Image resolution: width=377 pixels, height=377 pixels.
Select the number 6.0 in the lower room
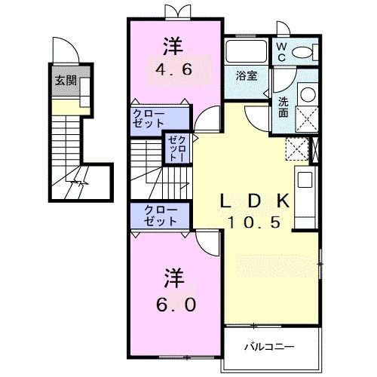coord(173,305)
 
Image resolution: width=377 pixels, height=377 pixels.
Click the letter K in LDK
coord(284,201)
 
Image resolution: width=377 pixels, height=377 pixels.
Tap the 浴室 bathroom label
coord(246,75)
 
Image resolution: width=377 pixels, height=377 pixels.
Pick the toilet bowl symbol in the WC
coord(302,52)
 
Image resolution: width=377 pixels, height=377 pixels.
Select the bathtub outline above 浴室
coord(246,52)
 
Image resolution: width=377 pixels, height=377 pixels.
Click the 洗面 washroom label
coord(282,107)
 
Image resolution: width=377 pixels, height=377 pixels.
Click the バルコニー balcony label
coord(268,347)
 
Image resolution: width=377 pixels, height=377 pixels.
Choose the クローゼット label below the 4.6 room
coord(151,118)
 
